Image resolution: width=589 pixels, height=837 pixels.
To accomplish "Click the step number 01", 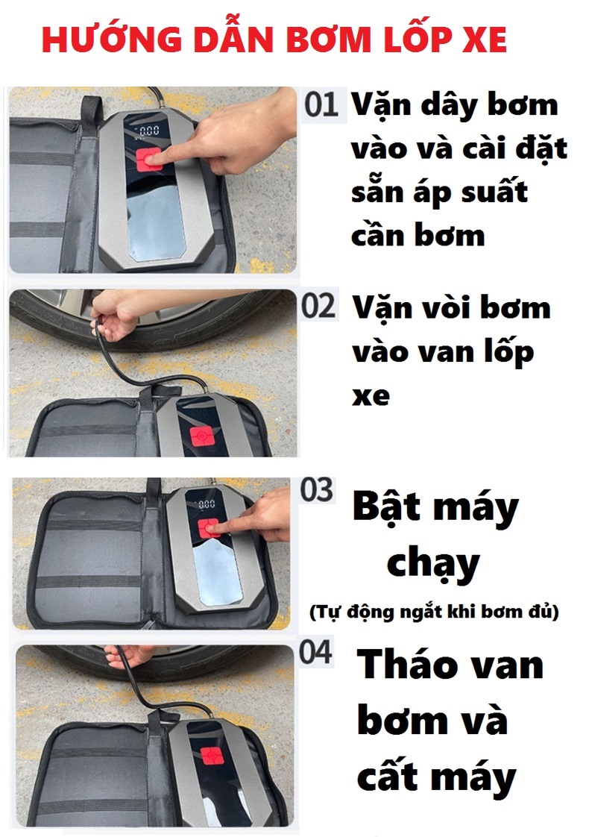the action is pyautogui.click(x=321, y=104).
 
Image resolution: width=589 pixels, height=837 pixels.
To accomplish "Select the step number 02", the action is pyautogui.click(x=318, y=306).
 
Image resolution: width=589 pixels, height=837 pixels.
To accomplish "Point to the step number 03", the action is pyautogui.click(x=317, y=489).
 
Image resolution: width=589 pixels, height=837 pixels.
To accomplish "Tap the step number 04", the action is pyautogui.click(x=316, y=652).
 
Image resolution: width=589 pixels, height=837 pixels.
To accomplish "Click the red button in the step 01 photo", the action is pyautogui.click(x=149, y=159).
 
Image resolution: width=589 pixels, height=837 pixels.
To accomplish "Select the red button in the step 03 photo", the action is pyautogui.click(x=209, y=528).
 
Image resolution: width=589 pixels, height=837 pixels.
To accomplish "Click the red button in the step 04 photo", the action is pyautogui.click(x=212, y=758).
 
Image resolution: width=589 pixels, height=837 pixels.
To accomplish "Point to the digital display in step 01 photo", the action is pyautogui.click(x=148, y=131).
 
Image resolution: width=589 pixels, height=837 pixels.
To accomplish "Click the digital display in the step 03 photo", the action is pyautogui.click(x=205, y=504).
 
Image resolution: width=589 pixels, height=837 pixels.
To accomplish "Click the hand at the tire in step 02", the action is pyautogui.click(x=111, y=315).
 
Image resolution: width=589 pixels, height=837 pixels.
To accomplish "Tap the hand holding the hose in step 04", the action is pyautogui.click(x=128, y=656).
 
